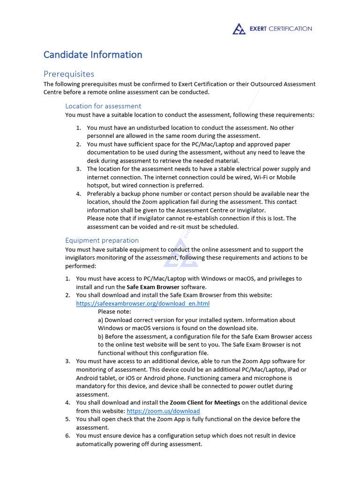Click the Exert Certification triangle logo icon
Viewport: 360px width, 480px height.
coord(239,29)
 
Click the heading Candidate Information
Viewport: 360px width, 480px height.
coord(93,55)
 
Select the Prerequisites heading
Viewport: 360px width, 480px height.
coord(69,74)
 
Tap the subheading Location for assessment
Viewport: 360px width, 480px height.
coord(103,106)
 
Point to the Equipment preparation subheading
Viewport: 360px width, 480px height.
coord(102,240)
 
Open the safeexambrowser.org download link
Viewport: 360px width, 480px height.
coord(142,303)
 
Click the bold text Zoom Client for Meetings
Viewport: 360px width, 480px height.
coord(205,403)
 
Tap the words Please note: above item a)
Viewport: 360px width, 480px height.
coord(114,312)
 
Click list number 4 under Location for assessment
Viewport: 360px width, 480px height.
coord(79,194)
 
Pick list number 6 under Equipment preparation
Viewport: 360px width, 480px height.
coord(68,435)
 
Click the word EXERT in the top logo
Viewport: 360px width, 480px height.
coord(258,29)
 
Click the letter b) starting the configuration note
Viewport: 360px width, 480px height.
coord(101,337)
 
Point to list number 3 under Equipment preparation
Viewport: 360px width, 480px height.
coord(68,361)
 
